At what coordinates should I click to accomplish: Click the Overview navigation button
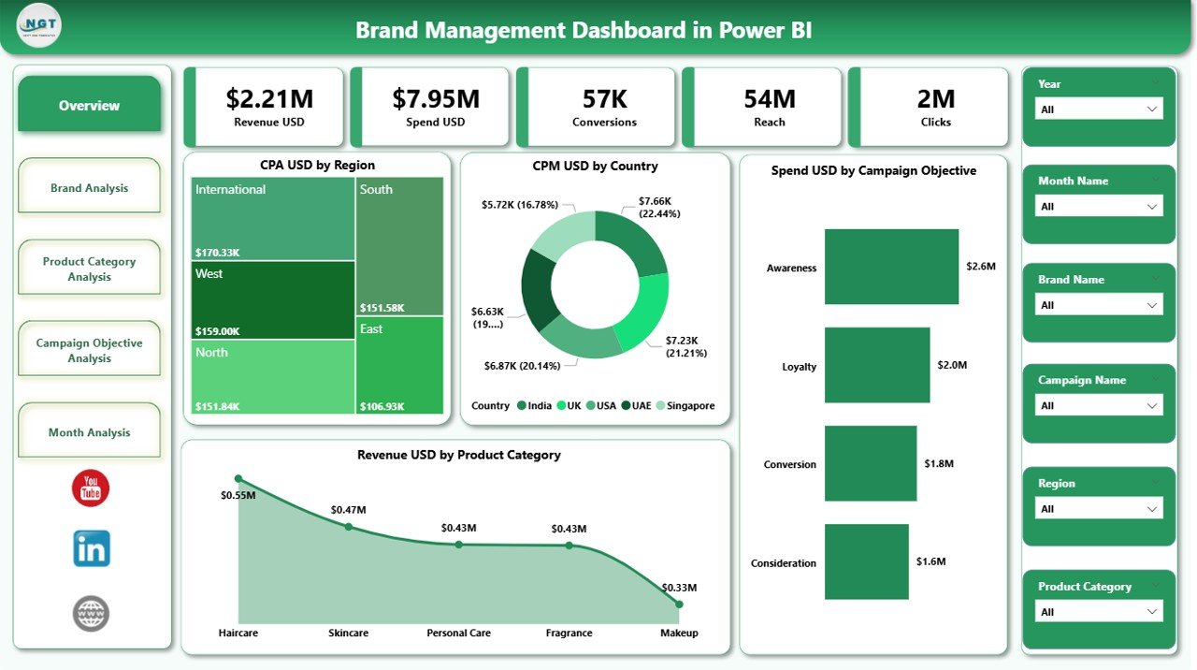pyautogui.click(x=90, y=106)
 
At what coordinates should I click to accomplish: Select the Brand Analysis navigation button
pyautogui.click(x=90, y=188)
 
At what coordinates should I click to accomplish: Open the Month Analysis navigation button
pyautogui.click(x=90, y=432)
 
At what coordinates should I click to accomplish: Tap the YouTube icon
pyautogui.click(x=91, y=488)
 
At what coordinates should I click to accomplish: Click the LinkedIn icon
pyautogui.click(x=92, y=548)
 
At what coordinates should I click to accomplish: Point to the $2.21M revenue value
pyautogui.click(x=269, y=98)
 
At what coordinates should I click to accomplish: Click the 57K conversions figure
pyautogui.click(x=604, y=98)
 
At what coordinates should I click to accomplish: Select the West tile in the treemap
pyautogui.click(x=273, y=299)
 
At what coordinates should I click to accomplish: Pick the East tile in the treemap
pyautogui.click(x=400, y=365)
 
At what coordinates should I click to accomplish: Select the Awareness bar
pyautogui.click(x=891, y=267)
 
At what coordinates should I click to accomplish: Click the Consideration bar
pyautogui.click(x=866, y=561)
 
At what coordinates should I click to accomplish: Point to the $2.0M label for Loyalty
pyautogui.click(x=952, y=365)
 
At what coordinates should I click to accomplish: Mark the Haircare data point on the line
pyautogui.click(x=238, y=478)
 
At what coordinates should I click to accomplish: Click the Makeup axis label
pyautogui.click(x=679, y=634)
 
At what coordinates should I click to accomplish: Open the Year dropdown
pyautogui.click(x=1099, y=109)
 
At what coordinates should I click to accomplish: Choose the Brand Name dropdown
pyautogui.click(x=1099, y=305)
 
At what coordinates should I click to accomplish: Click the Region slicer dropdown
pyautogui.click(x=1099, y=509)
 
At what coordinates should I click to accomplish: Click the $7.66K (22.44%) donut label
pyautogui.click(x=660, y=207)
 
